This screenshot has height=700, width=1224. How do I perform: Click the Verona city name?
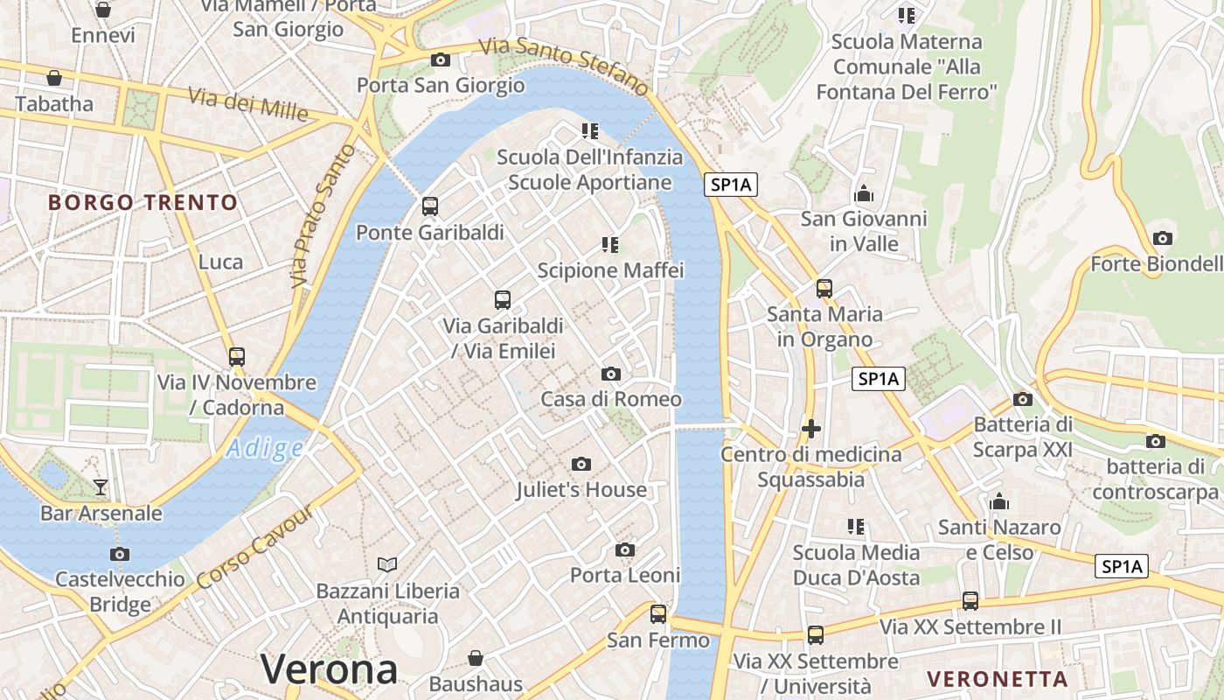(330, 669)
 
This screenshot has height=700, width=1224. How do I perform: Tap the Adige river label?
(264, 449)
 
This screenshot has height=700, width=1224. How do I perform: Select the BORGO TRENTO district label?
(143, 203)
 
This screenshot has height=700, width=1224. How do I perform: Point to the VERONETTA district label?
(998, 679)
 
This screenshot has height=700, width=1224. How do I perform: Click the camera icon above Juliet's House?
(581, 464)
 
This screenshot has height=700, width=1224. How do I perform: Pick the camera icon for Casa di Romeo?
(611, 374)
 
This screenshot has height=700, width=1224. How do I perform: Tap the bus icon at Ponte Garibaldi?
(430, 206)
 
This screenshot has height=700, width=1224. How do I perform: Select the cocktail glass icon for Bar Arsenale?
(101, 487)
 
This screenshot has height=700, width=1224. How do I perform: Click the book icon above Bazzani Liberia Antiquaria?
(387, 565)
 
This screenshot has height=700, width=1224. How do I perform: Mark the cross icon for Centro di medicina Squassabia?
(811, 429)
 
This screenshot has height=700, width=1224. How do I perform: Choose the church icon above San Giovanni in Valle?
(864, 193)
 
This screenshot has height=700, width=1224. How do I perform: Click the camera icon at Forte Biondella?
(1163, 238)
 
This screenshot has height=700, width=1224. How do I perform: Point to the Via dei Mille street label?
(247, 105)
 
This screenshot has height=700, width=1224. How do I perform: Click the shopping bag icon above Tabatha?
(54, 78)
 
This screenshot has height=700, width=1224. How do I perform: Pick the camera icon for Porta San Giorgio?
(441, 59)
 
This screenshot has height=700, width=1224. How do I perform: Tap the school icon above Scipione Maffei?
(610, 245)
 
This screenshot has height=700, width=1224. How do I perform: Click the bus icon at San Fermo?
(658, 614)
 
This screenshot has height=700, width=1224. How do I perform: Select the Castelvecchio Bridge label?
(120, 591)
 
